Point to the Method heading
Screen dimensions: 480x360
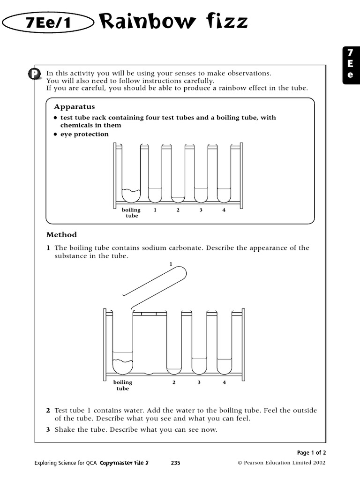[x=61, y=235]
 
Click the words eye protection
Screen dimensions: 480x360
[x=84, y=134]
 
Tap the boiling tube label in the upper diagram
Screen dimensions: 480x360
[x=131, y=213]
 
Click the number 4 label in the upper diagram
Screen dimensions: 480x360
[x=224, y=210]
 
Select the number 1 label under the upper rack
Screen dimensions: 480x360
[x=155, y=210]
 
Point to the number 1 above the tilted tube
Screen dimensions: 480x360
[x=171, y=264]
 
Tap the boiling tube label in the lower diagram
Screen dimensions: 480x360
[x=122, y=385]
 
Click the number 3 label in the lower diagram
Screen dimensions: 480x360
[x=199, y=382]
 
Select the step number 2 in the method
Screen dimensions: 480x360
[x=48, y=410]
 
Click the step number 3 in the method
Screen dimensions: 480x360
[x=48, y=430]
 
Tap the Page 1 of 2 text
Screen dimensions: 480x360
[x=311, y=452]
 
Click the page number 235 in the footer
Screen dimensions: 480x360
[x=175, y=463]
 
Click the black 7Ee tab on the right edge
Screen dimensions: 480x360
[x=351, y=65]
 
